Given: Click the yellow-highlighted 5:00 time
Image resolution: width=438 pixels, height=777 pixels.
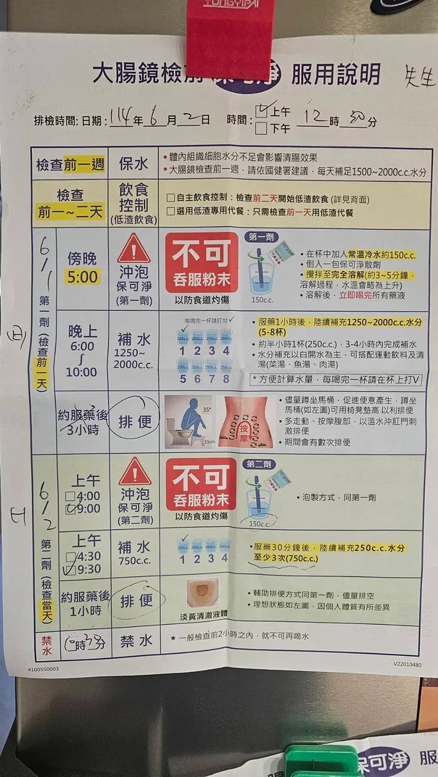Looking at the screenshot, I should (x=82, y=277).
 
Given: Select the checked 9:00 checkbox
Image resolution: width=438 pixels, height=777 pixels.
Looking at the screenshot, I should (x=71, y=509).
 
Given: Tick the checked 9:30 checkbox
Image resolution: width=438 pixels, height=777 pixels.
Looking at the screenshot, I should (x=71, y=569).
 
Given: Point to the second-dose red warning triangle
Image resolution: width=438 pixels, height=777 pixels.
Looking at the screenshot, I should (x=134, y=472).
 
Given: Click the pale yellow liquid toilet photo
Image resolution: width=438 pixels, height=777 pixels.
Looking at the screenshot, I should (x=202, y=593).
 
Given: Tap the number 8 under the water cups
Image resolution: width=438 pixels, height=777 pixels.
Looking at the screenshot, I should (x=226, y=378).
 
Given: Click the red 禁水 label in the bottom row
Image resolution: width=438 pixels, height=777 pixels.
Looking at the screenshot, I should (x=46, y=640).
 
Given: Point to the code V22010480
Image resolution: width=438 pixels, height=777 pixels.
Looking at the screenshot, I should (x=407, y=664).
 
